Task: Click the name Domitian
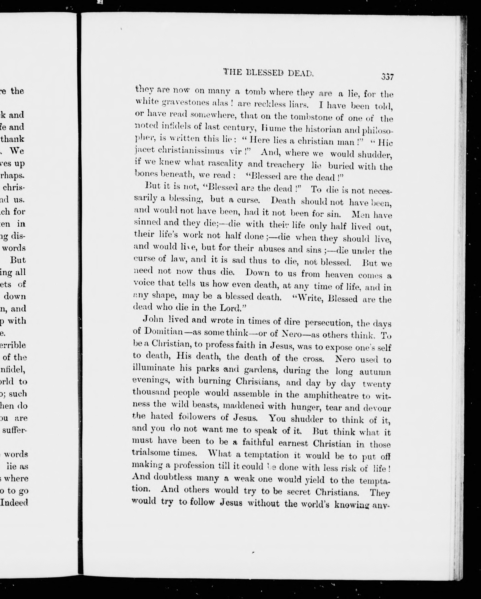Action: click(163, 332)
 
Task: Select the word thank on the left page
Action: click(13, 139)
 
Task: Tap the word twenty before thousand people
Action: click(377, 384)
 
